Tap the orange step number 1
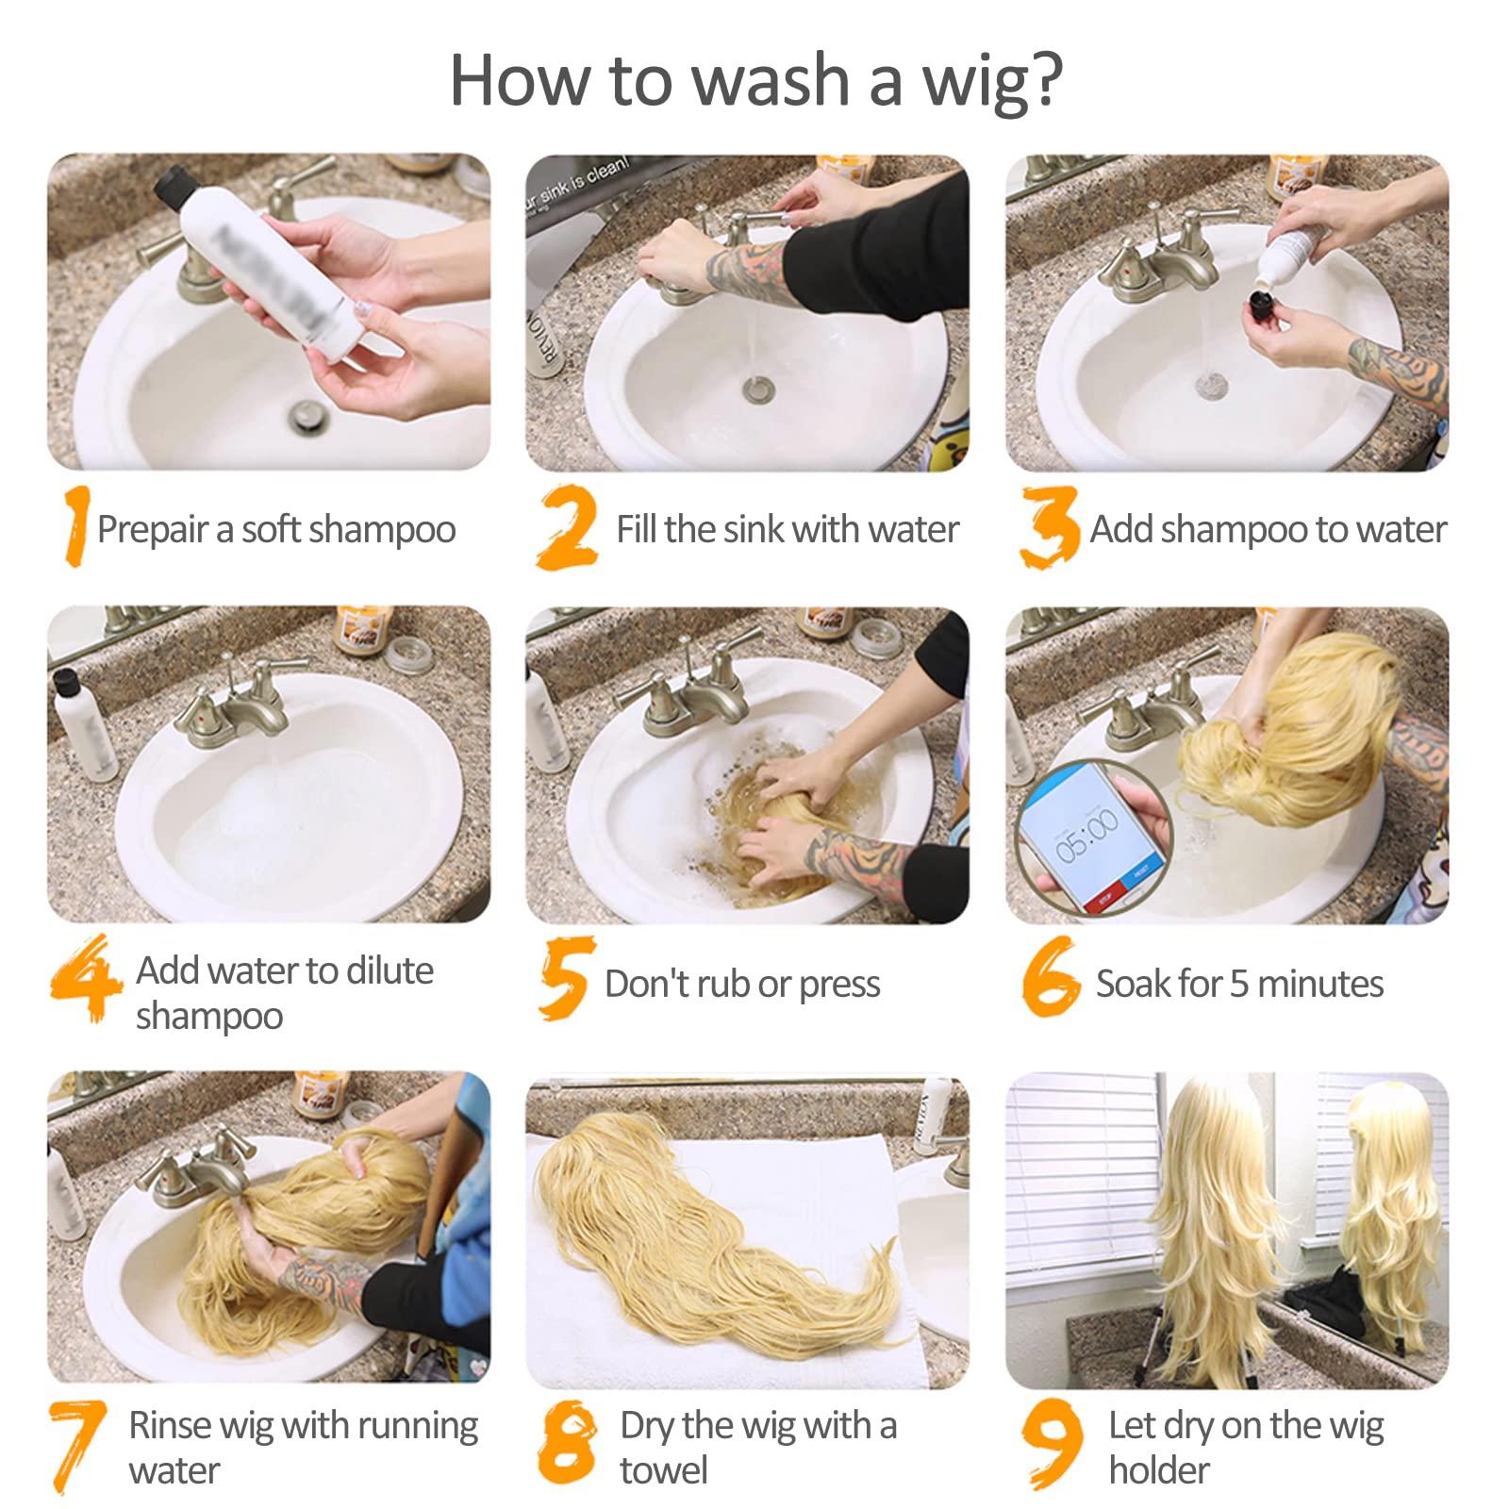pos(75,525)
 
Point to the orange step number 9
pos(1053,1443)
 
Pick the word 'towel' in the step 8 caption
pos(663,1470)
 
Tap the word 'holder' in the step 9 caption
pos(1158,1470)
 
